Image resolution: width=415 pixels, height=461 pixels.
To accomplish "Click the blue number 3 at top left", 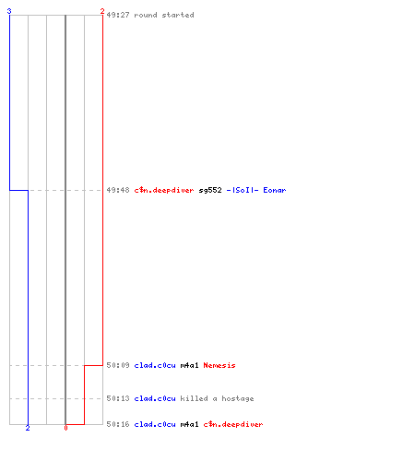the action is click(9, 11).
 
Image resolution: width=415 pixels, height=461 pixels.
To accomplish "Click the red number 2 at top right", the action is click(102, 11).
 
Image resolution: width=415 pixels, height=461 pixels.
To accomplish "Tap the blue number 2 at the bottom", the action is click(28, 428).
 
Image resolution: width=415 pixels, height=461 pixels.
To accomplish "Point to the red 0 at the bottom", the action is click(65, 428).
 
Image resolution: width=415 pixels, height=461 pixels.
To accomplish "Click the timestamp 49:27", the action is click(118, 15).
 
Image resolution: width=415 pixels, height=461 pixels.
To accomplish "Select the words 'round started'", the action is click(164, 15).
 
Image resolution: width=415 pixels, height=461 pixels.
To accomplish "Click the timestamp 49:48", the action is click(118, 190).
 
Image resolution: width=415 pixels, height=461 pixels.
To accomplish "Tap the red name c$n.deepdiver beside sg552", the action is click(164, 190).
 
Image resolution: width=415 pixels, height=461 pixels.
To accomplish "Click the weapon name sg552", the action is click(210, 190).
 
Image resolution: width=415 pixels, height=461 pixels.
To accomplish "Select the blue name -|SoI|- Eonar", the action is click(256, 190).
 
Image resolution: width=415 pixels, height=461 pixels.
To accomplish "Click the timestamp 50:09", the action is click(118, 365).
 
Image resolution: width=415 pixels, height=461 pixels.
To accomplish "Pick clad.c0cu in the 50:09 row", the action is click(155, 365).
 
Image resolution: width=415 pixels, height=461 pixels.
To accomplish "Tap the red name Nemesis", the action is click(219, 365).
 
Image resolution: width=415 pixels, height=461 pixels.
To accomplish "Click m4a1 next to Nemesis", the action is click(190, 365).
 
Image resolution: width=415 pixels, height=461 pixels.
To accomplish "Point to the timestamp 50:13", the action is click(118, 398).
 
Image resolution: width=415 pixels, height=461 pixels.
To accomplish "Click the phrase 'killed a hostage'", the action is click(218, 398).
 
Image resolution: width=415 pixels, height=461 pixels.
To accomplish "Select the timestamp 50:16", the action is click(118, 424).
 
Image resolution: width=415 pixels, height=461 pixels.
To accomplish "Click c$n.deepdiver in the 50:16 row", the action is click(233, 424).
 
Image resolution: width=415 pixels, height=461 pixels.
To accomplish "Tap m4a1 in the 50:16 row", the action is click(190, 424).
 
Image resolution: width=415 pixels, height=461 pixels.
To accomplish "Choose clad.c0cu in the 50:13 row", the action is click(155, 398).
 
